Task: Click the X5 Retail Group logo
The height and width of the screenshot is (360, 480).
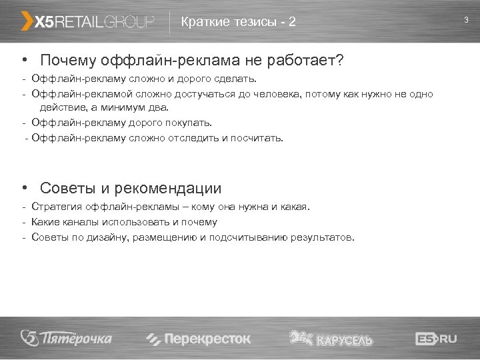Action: [x=88, y=22]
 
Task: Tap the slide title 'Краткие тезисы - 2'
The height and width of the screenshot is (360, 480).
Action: [x=238, y=22]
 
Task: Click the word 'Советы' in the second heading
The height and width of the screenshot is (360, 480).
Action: [x=65, y=189]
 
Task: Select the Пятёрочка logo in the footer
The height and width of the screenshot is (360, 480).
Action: [x=66, y=338]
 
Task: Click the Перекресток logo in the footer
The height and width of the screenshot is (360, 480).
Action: [x=198, y=339]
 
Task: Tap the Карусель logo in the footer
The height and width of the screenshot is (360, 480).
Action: [x=331, y=338]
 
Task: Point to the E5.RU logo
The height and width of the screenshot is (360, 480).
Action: [x=436, y=339]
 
